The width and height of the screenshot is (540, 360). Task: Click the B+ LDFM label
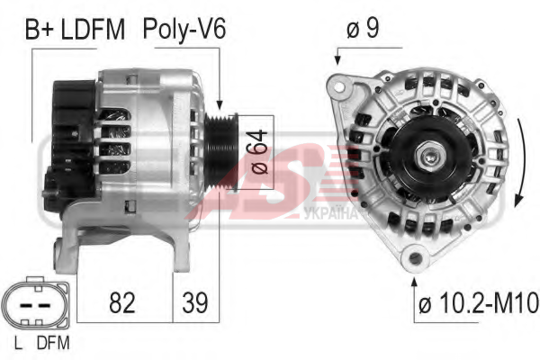click(x=75, y=30)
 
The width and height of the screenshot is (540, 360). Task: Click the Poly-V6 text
click(x=184, y=30)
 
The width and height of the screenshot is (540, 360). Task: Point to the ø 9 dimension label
click(x=363, y=28)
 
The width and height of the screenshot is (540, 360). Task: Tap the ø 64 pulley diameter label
click(x=259, y=152)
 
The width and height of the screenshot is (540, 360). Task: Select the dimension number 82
click(x=121, y=302)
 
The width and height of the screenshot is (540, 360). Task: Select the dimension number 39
click(x=195, y=302)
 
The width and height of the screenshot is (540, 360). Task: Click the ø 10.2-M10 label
click(x=479, y=303)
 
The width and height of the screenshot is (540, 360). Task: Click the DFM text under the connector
click(x=53, y=343)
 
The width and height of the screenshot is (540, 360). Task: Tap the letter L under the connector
click(x=18, y=343)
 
